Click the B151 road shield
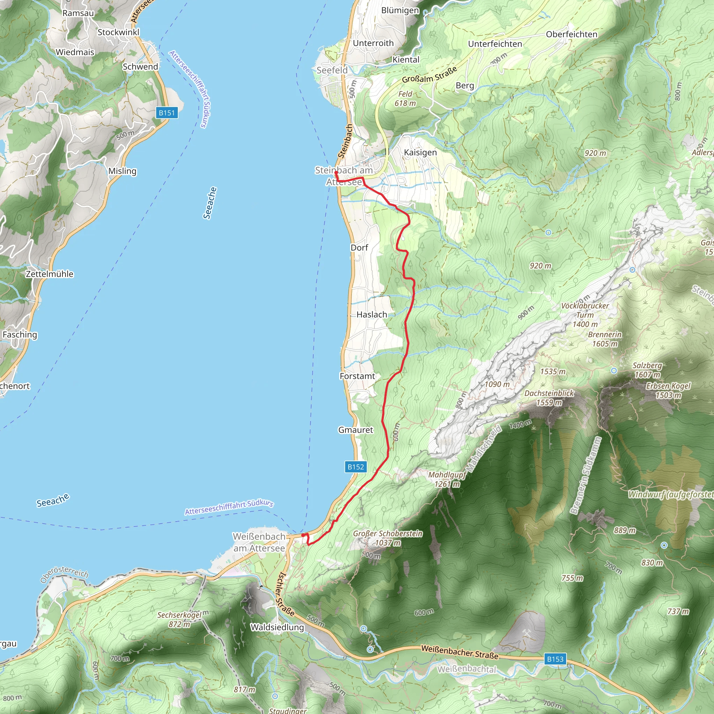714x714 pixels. click(x=167, y=113)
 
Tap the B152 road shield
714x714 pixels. click(x=356, y=467)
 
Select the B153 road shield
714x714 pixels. click(x=555, y=659)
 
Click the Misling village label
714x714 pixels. click(x=122, y=171)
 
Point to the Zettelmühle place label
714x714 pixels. click(x=50, y=274)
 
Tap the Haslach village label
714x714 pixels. click(x=372, y=314)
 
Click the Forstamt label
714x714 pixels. click(x=357, y=376)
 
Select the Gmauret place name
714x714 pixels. click(x=356, y=430)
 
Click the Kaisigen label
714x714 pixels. click(x=420, y=152)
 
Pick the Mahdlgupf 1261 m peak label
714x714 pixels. click(x=447, y=479)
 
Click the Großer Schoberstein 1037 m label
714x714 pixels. click(x=387, y=538)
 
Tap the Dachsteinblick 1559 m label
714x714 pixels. click(x=549, y=398)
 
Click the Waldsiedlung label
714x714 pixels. click(x=277, y=627)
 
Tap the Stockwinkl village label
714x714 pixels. click(x=118, y=32)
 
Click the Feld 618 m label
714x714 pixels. click(x=405, y=99)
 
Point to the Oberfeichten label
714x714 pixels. click(x=571, y=35)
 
